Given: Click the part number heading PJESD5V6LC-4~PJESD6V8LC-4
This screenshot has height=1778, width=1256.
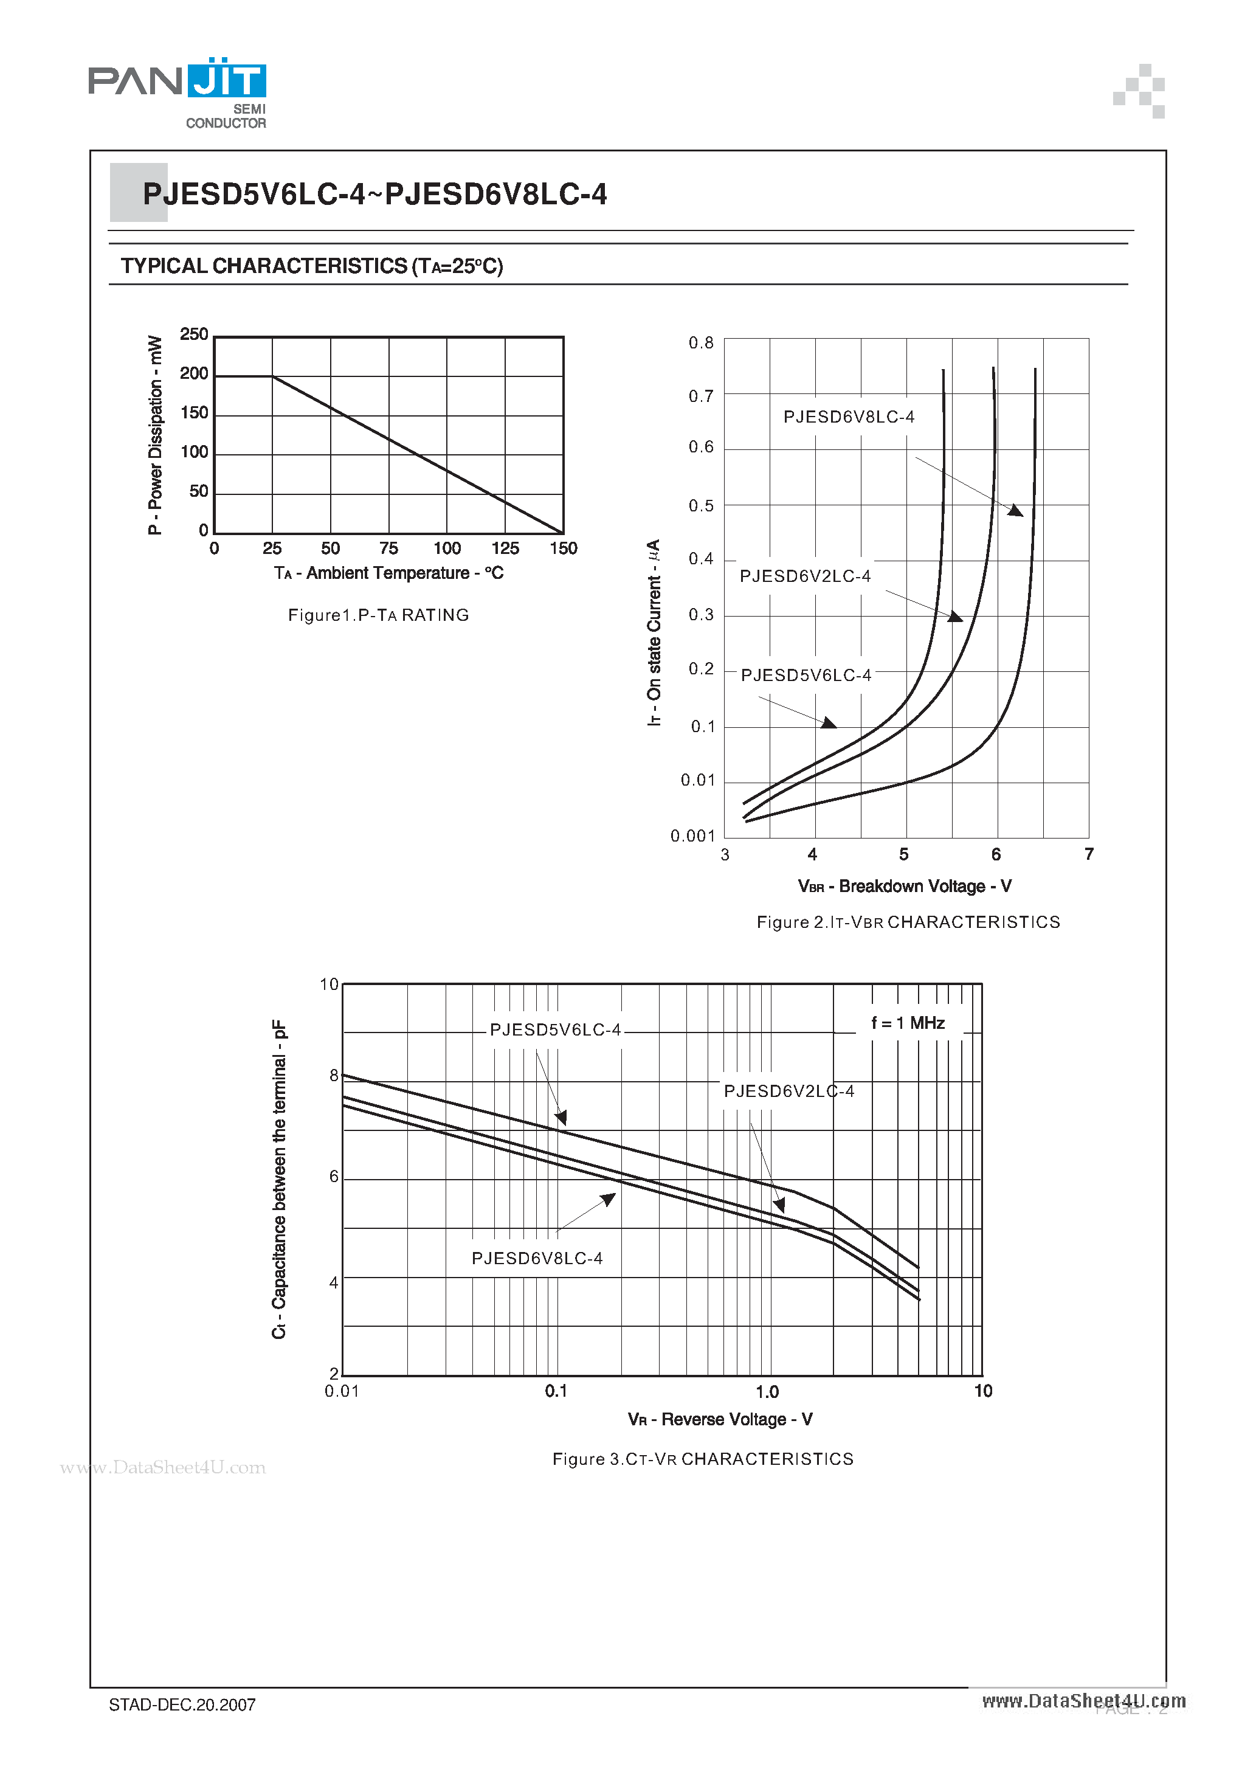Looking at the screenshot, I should [x=374, y=193].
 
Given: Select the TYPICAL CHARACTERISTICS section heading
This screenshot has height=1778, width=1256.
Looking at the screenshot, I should [x=311, y=266].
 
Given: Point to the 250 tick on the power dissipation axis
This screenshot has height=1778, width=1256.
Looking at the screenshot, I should [x=193, y=334].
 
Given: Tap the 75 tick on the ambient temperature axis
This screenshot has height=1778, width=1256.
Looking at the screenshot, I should [x=388, y=548].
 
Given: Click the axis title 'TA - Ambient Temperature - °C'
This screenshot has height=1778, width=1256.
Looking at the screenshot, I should [x=388, y=573].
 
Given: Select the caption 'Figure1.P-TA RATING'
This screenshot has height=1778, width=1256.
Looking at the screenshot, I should [x=379, y=615].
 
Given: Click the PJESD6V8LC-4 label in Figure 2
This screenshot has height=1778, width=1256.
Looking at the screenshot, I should [x=849, y=417].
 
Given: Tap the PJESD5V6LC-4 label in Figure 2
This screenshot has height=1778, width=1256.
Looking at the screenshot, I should [x=806, y=676].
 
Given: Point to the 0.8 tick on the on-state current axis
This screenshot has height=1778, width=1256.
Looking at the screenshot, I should [x=701, y=343].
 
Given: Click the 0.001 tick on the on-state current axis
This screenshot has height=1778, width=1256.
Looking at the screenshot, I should [x=692, y=836].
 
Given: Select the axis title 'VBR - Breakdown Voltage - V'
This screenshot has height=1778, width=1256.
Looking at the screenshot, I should [x=905, y=887].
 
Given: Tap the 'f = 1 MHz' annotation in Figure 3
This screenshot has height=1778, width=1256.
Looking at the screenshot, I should [x=908, y=1023].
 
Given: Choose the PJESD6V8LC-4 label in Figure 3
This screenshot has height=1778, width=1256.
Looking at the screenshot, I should [x=537, y=1258].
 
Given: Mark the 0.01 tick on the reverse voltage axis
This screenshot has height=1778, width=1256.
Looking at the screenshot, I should [x=342, y=1392].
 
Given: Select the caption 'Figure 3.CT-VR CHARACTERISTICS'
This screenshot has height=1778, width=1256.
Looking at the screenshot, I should [x=702, y=1459].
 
